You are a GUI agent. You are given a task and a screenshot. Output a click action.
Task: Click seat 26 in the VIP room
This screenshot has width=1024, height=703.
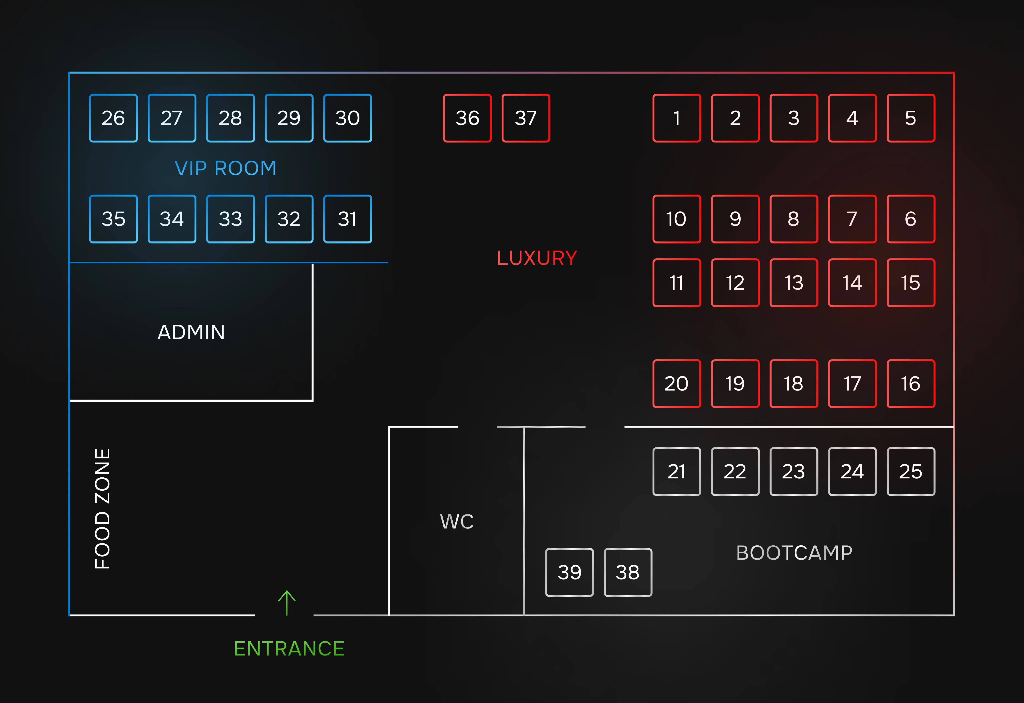(x=113, y=118)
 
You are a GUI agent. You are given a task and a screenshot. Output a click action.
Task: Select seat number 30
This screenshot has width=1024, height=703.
(x=348, y=118)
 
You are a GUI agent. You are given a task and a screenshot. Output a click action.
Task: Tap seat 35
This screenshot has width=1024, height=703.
(x=113, y=219)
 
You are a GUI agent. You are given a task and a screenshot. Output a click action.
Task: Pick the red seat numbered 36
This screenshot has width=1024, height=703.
(x=467, y=118)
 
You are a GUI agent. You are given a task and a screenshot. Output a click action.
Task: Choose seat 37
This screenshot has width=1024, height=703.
(x=526, y=118)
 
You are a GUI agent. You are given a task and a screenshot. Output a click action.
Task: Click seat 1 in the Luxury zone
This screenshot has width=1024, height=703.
(x=676, y=118)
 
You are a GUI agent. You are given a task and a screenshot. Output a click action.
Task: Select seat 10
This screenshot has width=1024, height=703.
(x=676, y=219)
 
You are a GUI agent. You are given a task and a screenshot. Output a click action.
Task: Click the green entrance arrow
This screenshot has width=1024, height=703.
(x=287, y=603)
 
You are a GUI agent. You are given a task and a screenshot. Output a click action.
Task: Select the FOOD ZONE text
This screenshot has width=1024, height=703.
(x=102, y=509)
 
